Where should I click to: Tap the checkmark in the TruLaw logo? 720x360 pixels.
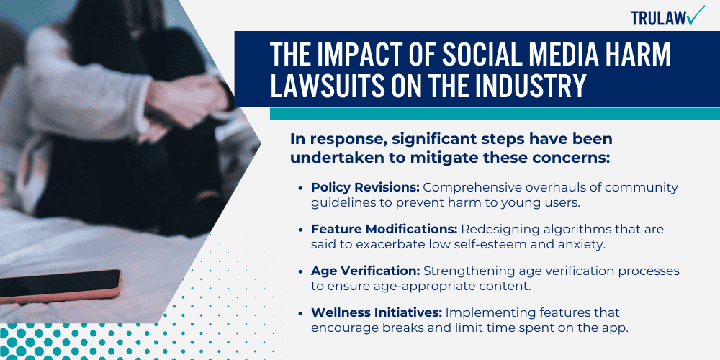click(696, 14)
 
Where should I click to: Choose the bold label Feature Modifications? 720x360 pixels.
click(384, 229)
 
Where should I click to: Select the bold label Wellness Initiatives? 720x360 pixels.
click(376, 312)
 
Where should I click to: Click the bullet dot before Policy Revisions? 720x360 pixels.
click(300, 188)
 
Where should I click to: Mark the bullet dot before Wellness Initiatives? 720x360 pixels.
click(300, 312)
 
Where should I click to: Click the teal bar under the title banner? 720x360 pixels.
click(495, 114)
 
